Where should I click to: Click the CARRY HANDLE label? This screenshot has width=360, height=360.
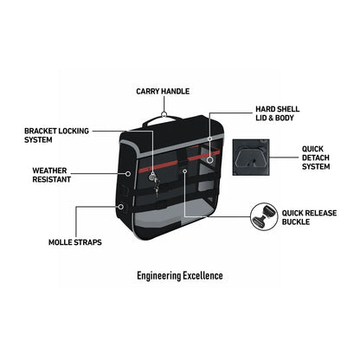coord(163,92)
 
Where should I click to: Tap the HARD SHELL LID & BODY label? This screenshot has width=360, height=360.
coord(278,113)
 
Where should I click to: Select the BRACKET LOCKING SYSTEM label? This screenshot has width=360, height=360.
coord(56,135)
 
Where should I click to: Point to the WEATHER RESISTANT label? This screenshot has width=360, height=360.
coord(51,175)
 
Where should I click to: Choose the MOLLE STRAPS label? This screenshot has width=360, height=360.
coord(75,242)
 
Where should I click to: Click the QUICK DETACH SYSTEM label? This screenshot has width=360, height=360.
coord(316,157)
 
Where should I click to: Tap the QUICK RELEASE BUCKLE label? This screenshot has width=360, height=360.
coord(309,217)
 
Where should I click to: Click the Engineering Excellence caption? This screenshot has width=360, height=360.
coord(180,276)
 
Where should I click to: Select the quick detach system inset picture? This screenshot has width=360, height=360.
coord(251,157)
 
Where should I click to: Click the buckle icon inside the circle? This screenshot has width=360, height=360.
coord(263,216)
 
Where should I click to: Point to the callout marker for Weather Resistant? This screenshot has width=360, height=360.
coord(128,174)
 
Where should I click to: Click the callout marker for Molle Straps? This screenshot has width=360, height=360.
coord(121,207)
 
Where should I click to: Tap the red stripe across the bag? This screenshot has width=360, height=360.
coord(179,161)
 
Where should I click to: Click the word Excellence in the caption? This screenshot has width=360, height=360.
coord(203,276)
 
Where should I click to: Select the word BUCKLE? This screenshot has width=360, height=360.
coord(296,222)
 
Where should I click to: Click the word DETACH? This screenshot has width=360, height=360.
coord(316,157)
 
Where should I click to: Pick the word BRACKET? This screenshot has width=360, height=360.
coord(41,131)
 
